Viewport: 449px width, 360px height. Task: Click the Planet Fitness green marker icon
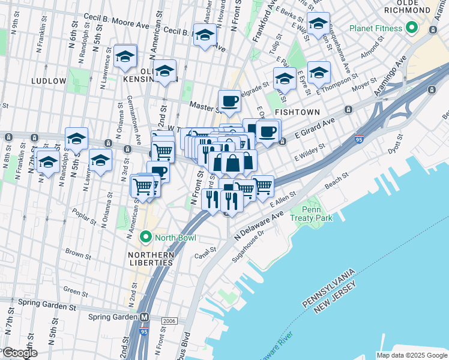[411, 28]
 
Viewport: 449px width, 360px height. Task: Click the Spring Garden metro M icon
[144, 317]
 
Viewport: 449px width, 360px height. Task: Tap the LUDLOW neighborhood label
[46, 80]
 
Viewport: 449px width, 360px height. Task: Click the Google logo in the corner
[19, 353]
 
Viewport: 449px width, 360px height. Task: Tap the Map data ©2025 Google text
[412, 355]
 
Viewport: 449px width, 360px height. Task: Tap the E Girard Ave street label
[313, 128]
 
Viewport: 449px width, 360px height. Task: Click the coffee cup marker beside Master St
[229, 102]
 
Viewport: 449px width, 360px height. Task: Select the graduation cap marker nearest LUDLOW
[125, 56]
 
